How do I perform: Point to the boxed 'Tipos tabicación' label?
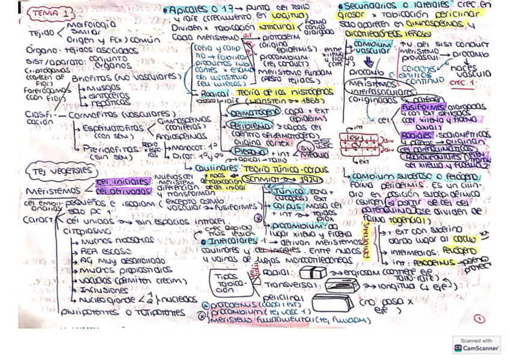pyautogui.click(x=228, y=282)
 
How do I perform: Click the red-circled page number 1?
pyautogui.click(x=479, y=319)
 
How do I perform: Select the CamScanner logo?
pyautogui.click(x=476, y=344)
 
